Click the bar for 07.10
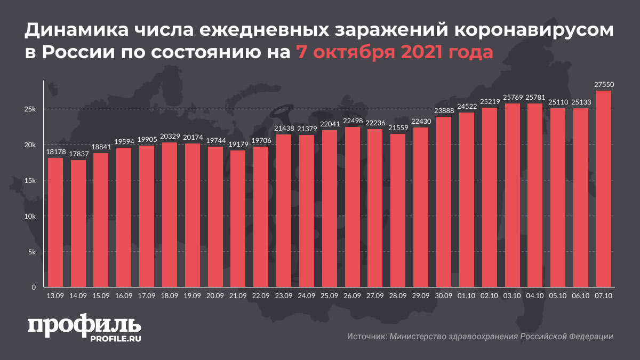tap(603, 189)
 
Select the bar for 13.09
tap(55, 222)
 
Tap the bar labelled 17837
tap(78, 223)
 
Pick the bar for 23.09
tap(284, 211)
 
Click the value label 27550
tap(603, 85)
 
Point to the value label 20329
tap(170, 137)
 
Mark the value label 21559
tap(398, 128)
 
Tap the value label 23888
tap(444, 111)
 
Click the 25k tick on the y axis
tap(29, 109)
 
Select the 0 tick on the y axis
tap(34, 287)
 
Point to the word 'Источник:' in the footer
tap(366, 337)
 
